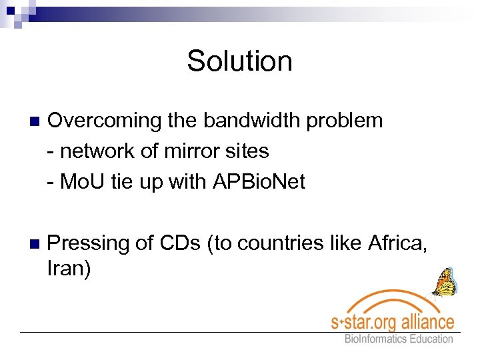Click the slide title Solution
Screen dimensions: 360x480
pos(239,61)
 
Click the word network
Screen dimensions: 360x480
pos(98,151)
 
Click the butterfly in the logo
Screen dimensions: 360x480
pos(444,282)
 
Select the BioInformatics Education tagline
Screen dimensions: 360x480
pos(399,339)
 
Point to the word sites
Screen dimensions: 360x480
pos(250,151)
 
